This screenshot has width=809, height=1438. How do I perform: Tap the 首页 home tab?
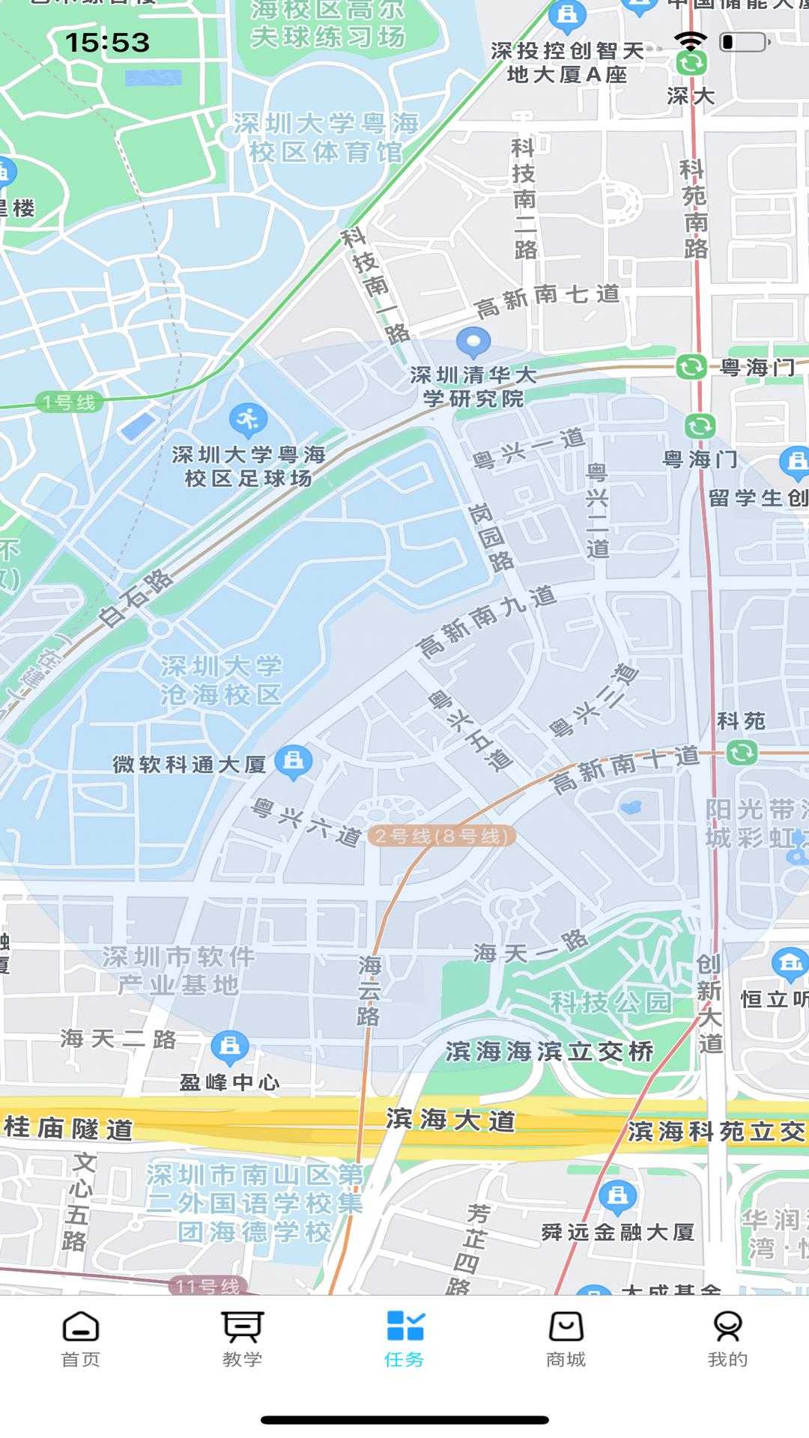(x=80, y=1340)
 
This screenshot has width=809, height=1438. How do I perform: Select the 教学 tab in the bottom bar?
(x=242, y=1340)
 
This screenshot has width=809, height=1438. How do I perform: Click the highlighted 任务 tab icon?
(x=404, y=1326)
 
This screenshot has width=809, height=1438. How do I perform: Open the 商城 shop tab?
(x=566, y=1340)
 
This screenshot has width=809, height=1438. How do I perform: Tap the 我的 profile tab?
(x=727, y=1340)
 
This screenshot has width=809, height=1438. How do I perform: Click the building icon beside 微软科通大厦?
(x=293, y=761)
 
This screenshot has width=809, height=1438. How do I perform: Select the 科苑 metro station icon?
(x=742, y=752)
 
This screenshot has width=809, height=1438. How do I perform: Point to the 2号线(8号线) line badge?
(x=441, y=836)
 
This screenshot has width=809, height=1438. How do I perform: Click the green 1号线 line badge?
(x=69, y=402)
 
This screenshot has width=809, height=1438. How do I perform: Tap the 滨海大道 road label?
(x=450, y=1120)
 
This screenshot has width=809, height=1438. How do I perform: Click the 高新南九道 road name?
(x=487, y=622)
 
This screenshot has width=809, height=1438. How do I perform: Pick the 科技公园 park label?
(x=610, y=1002)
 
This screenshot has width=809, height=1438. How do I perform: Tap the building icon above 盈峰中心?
(x=230, y=1046)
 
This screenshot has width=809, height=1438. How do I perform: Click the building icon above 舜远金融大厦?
(x=617, y=1196)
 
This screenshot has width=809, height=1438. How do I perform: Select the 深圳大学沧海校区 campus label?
(x=221, y=680)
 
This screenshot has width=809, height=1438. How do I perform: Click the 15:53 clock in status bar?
(x=107, y=43)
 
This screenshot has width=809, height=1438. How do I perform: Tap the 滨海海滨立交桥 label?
(x=549, y=1052)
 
